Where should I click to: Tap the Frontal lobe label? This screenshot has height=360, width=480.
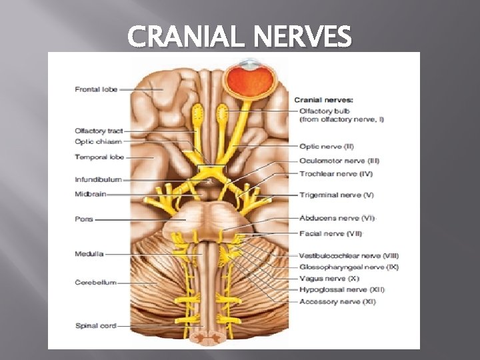coord(96,89)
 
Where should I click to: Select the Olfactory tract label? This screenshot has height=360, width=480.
coord(99,131)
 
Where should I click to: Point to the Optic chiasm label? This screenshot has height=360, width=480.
coord(98,141)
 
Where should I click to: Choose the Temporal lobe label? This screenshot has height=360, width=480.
coord(99,157)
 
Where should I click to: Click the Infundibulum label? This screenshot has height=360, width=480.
coord(98,179)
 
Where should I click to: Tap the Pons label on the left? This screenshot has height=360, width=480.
coord(84,219)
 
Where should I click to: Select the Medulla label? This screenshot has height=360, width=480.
coord(89,253)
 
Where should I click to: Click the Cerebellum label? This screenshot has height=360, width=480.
coord(95,283)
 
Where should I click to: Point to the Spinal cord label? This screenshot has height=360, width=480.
coord(95,326)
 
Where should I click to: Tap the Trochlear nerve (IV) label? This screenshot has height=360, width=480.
coord(336,174)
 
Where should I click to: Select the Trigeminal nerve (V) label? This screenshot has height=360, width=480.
coord(337,195)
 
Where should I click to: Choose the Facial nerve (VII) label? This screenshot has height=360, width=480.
coord(331,233)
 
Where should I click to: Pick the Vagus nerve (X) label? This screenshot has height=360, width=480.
coord(329,278)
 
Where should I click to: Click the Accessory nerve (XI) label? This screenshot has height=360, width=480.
coord(337,301)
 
